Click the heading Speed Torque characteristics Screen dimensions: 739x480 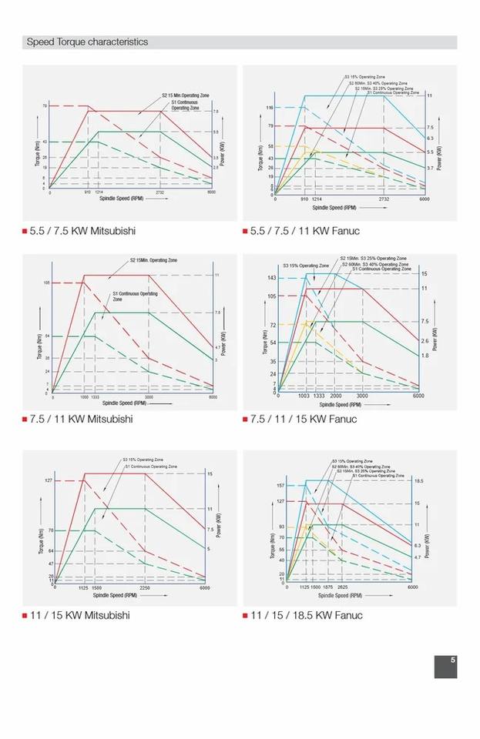click(87, 42)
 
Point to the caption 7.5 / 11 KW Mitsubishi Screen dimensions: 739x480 click(81, 420)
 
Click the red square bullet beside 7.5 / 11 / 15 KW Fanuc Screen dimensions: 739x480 click(245, 420)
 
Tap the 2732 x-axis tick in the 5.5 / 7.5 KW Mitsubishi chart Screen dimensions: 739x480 click(160, 192)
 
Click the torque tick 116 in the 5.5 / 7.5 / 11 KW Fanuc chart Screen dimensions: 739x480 click(270, 108)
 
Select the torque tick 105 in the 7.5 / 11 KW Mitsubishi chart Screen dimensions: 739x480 click(46, 283)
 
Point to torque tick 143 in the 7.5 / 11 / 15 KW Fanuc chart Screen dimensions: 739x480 click(272, 278)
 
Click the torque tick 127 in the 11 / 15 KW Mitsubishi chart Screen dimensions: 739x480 click(48, 480)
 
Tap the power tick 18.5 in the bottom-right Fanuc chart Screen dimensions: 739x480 click(418, 481)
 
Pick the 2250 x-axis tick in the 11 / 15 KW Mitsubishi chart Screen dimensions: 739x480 click(145, 587)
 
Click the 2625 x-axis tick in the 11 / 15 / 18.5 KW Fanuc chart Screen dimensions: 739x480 click(343, 587)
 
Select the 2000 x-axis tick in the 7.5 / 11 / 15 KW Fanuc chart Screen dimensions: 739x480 click(336, 396)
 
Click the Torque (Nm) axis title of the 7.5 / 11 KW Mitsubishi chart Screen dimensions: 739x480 click(37, 346)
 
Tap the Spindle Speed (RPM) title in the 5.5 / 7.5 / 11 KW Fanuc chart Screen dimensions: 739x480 click(334, 207)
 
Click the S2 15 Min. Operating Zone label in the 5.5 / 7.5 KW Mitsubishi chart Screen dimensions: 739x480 click(186, 95)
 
